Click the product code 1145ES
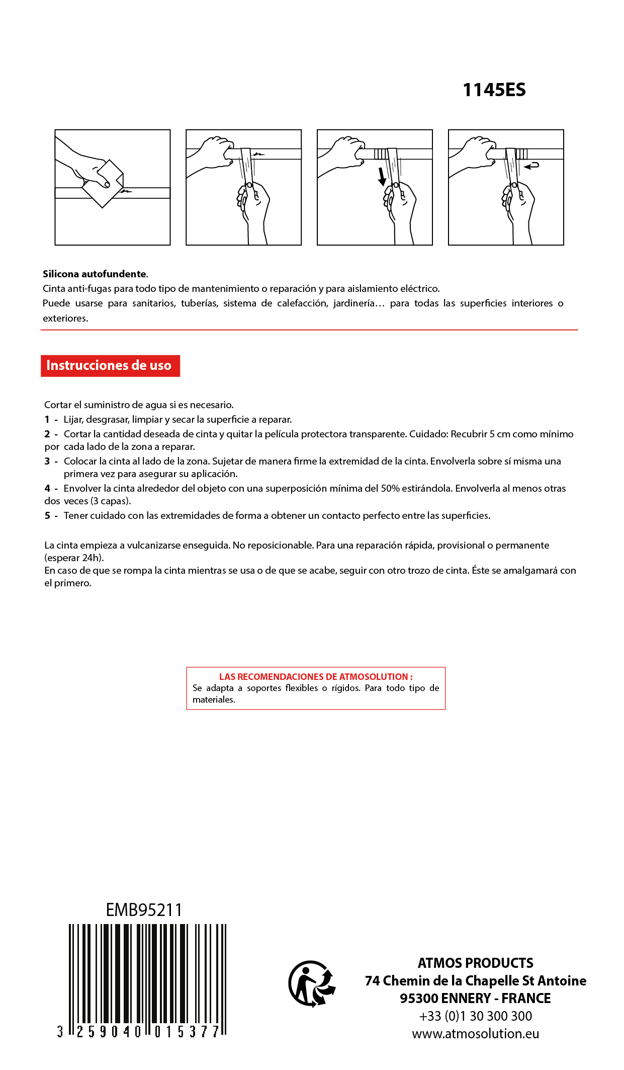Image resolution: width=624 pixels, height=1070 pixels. pyautogui.click(x=494, y=90)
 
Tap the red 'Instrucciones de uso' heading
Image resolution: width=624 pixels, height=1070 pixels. pyautogui.click(x=109, y=365)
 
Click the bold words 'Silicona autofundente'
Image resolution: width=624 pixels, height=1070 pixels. pyautogui.click(x=95, y=274)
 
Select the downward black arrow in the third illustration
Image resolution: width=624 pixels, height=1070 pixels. pyautogui.click(x=382, y=176)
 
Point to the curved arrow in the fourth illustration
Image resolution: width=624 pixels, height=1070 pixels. pyautogui.click(x=531, y=165)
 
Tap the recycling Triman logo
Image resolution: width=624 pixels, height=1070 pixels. pyautogui.click(x=312, y=983)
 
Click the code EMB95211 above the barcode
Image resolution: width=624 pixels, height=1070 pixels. pyautogui.click(x=144, y=910)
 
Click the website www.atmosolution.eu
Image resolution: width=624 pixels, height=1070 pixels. pyautogui.click(x=475, y=1034)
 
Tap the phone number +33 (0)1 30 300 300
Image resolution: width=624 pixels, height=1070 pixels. pyautogui.click(x=475, y=1016)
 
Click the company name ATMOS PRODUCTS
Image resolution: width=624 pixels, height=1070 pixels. pyautogui.click(x=475, y=963)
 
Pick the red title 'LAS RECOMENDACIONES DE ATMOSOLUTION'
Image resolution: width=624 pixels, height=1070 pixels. pyautogui.click(x=315, y=677)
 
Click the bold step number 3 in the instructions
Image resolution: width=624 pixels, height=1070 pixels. pyautogui.click(x=47, y=462)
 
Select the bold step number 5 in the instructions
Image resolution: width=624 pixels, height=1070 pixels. pyautogui.click(x=47, y=516)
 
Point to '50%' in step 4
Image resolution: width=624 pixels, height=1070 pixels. pyautogui.click(x=390, y=489)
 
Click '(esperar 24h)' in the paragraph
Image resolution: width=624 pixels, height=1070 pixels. pyautogui.click(x=74, y=558)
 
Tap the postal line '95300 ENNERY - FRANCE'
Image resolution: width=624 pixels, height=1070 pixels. pyautogui.click(x=475, y=998)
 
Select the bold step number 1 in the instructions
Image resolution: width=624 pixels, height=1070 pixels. pyautogui.click(x=47, y=420)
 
